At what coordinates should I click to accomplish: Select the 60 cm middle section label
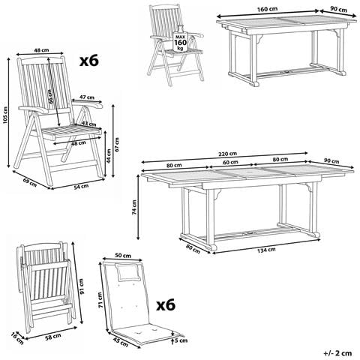click(x=229, y=162)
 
